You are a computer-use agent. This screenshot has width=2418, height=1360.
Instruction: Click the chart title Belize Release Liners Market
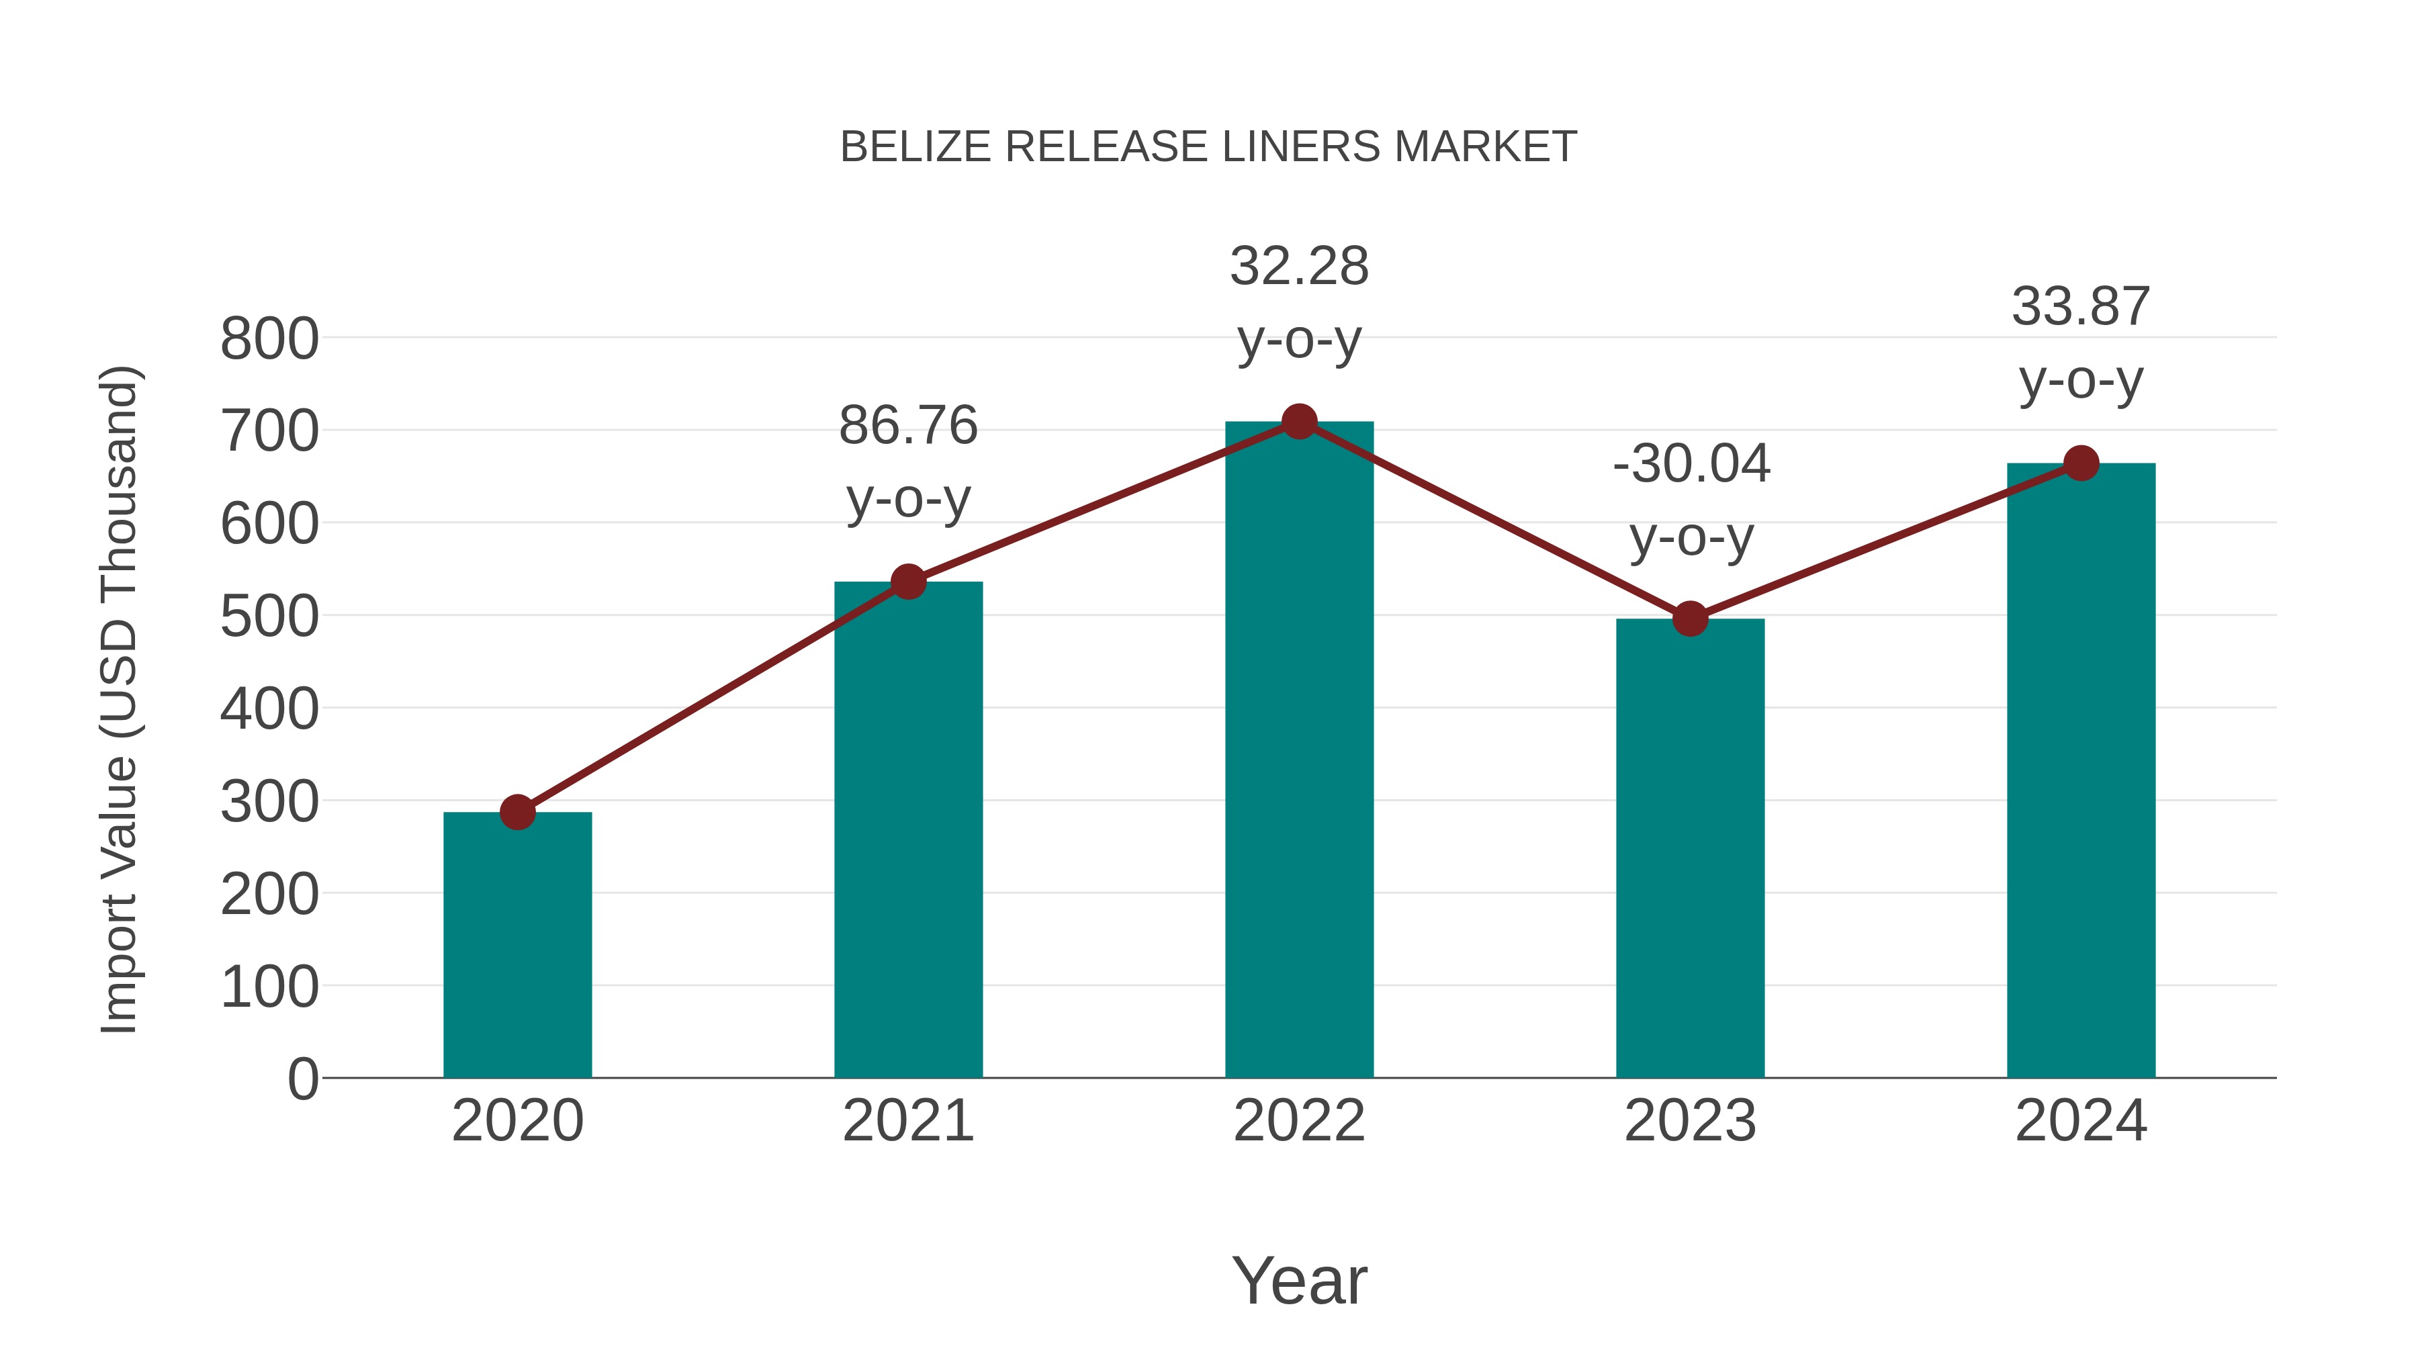tap(1208, 147)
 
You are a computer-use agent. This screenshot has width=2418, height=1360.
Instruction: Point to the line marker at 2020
tap(517, 812)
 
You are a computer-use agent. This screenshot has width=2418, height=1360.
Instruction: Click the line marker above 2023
tap(1690, 619)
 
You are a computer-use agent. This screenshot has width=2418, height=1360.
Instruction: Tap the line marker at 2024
tap(2081, 463)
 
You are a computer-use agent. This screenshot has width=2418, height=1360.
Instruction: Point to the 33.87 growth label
tap(2081, 343)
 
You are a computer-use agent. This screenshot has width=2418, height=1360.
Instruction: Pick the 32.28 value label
tap(1299, 267)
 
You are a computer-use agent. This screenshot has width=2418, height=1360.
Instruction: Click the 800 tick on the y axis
tap(269, 339)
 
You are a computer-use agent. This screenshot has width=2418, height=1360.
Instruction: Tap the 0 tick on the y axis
tap(302, 1079)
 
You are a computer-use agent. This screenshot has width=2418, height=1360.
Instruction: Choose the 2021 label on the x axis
tap(907, 1121)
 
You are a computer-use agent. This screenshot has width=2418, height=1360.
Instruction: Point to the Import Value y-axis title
tap(120, 699)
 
